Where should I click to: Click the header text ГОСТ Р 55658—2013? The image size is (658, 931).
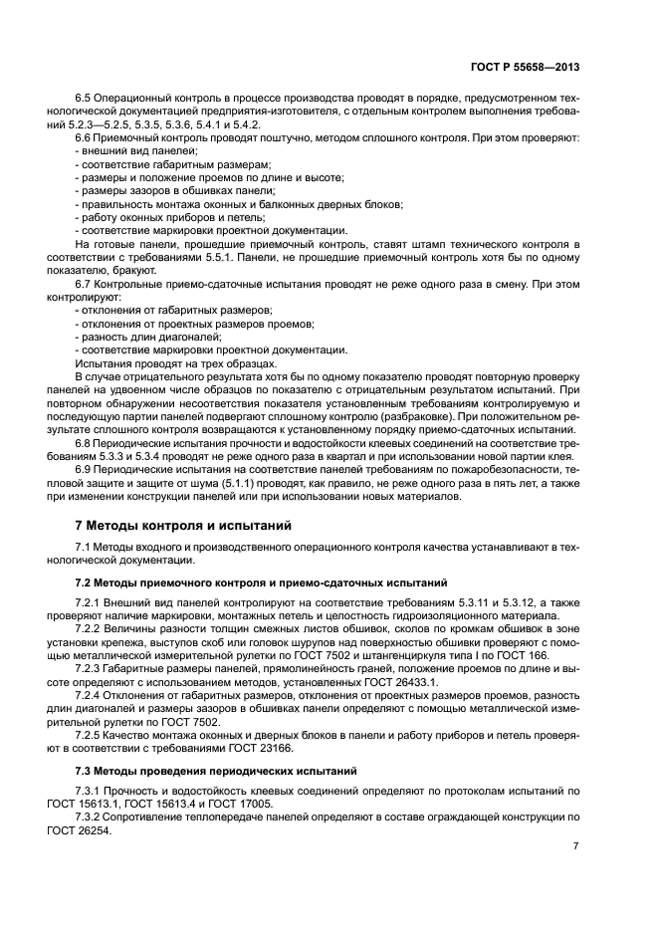[x=525, y=68]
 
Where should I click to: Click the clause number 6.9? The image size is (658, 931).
[x=84, y=467]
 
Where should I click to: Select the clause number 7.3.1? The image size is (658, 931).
[x=91, y=790]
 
